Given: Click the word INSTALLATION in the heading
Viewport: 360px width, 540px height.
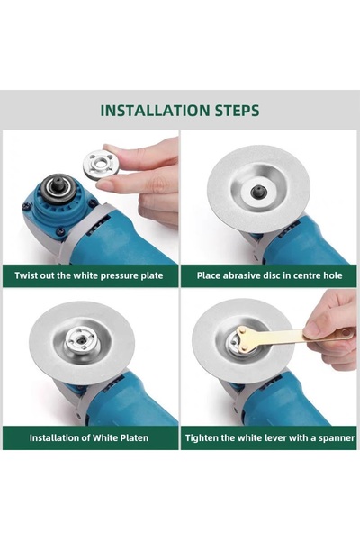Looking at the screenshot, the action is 156,111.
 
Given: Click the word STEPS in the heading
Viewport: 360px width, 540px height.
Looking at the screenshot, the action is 238,111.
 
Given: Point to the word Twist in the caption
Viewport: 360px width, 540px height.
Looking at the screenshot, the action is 25,275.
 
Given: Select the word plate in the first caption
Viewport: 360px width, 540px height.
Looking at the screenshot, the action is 152,276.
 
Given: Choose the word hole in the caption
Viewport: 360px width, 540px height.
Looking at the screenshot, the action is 333,275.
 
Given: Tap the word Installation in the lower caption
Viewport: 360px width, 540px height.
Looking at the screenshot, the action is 55,437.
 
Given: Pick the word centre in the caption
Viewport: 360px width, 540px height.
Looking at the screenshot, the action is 306,275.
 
